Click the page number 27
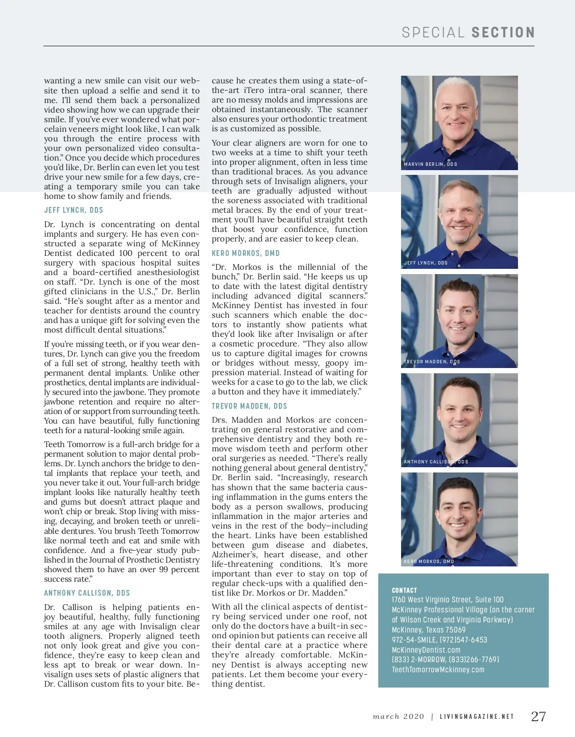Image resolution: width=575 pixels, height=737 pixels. pyautogui.click(x=539, y=716)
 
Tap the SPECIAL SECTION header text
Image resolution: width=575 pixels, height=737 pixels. pyautogui.click(x=468, y=33)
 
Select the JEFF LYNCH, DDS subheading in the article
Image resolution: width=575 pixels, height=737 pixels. pyautogui.click(x=73, y=210)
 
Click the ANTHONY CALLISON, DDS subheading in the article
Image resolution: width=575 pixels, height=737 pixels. pyautogui.click(x=87, y=593)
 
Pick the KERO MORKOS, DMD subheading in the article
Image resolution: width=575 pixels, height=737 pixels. pyautogui.click(x=245, y=253)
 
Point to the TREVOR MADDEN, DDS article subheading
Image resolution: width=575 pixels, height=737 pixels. pyautogui.click(x=249, y=406)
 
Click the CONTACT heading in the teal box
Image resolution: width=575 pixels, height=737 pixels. pyautogui.click(x=404, y=590)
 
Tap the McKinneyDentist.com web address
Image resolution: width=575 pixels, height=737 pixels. pyautogui.click(x=426, y=650)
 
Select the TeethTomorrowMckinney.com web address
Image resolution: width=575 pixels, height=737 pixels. pyautogui.click(x=438, y=669)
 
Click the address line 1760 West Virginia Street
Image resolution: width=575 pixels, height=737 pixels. pyautogui.click(x=448, y=599)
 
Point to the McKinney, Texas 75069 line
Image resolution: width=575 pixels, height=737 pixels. pyautogui.click(x=428, y=630)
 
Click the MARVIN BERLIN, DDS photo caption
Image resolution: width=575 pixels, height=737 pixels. pyautogui.click(x=430, y=164)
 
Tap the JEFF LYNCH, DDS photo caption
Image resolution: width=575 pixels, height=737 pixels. pyautogui.click(x=425, y=263)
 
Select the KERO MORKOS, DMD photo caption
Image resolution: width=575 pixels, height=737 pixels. pyautogui.click(x=429, y=561)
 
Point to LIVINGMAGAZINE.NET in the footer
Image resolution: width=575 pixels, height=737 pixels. pyautogui.click(x=477, y=717)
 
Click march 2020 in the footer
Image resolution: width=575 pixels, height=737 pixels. pyautogui.click(x=399, y=717)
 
